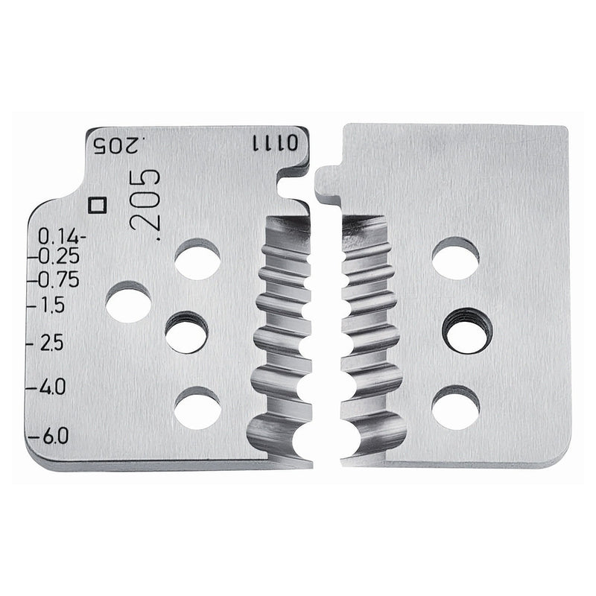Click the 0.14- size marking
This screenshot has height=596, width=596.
tap(62, 237)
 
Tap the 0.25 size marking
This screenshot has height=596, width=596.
tap(60, 256)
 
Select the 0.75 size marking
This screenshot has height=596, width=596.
tap(60, 280)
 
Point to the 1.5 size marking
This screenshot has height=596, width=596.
tap(51, 305)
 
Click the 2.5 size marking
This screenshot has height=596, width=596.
tap(51, 343)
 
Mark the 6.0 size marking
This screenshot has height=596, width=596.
tap(54, 435)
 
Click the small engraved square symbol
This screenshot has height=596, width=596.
tap(97, 204)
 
